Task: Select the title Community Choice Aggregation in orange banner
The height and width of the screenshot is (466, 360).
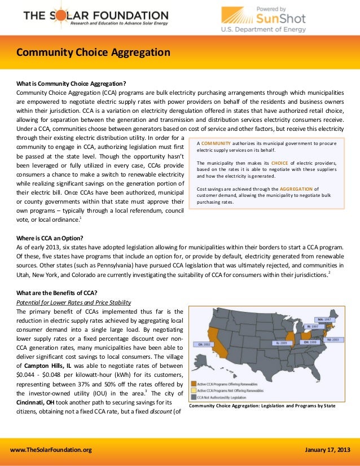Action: pyautogui.click(x=93, y=53)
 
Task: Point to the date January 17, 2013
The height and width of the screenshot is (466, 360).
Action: pyautogui.click(x=327, y=449)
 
